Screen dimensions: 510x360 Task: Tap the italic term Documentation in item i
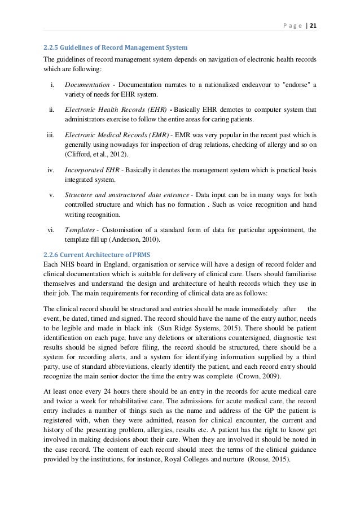click(85, 85)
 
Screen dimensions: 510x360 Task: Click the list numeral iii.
click(50, 136)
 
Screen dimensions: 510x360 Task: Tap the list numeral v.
click(51, 195)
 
